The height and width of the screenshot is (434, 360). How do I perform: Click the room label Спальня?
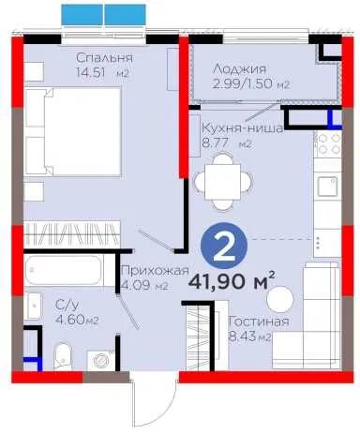pos(104,58)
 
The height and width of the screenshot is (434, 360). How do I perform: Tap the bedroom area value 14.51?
pos(91,73)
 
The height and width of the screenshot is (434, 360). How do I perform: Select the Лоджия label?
pos(239,69)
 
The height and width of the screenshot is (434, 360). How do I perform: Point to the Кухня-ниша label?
pos(243,128)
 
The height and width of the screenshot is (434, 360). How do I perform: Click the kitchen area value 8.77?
pos(216,143)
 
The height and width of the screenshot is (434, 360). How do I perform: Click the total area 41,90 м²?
pos(232,281)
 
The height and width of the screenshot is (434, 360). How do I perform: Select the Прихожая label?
pos(155,271)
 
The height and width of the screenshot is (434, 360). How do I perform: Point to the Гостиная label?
pos(259,322)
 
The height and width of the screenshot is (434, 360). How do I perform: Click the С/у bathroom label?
pos(65,305)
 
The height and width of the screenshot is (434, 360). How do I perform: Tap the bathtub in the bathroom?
pos(64,271)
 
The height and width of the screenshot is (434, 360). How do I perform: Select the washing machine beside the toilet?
pos(100,361)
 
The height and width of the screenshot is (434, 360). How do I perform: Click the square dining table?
pos(222,182)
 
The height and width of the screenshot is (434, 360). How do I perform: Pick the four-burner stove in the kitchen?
pos(327,144)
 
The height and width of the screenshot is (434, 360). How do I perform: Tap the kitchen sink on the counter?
pos(327,187)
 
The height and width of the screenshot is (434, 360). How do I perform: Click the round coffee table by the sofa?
pos(280,299)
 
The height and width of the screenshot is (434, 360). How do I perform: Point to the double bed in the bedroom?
pos(72,131)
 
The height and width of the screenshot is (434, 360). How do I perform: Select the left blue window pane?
pos(82,15)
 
